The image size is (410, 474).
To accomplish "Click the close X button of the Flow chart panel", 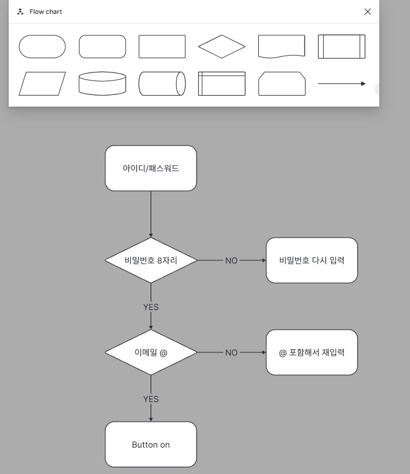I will point(368,12).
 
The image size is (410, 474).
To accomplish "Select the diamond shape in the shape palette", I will point(222,46).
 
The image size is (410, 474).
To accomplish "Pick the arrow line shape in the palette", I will point(342,83).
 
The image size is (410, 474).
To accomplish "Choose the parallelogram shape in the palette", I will point(42,83).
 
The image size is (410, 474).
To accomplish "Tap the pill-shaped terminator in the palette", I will point(42,46).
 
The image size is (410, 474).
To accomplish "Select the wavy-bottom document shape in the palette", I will point(281,46).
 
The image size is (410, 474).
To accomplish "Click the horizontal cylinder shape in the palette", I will point(162,83).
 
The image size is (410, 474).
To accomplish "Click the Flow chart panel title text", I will point(46,12).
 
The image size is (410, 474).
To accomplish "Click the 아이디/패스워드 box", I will point(151,168).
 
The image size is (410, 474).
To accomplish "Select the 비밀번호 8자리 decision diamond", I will point(151,260).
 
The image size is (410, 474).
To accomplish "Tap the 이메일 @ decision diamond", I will point(151,352).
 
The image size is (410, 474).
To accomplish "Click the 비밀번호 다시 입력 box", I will point(312,260).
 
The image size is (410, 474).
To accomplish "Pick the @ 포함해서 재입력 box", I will point(312,352).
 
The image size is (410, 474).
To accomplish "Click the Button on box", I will point(151,444).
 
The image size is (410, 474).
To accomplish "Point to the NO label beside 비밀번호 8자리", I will point(231,261).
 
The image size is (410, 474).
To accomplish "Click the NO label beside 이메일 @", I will point(231,352).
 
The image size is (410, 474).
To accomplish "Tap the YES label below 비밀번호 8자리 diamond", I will point(151,307).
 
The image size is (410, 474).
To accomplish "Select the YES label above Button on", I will point(151,399).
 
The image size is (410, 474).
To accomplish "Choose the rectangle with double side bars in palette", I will point(341,46).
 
